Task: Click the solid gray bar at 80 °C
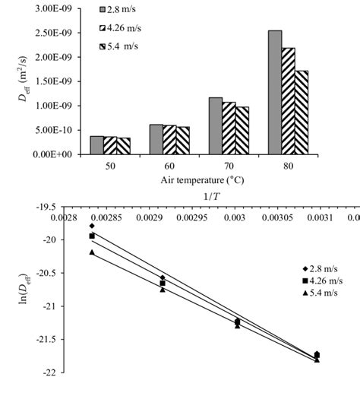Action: [x=274, y=92]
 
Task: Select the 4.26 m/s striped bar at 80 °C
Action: [x=289, y=101]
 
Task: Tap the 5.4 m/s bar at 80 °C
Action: [x=302, y=113]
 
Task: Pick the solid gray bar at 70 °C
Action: [x=215, y=125]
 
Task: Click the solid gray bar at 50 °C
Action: [x=97, y=144]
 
